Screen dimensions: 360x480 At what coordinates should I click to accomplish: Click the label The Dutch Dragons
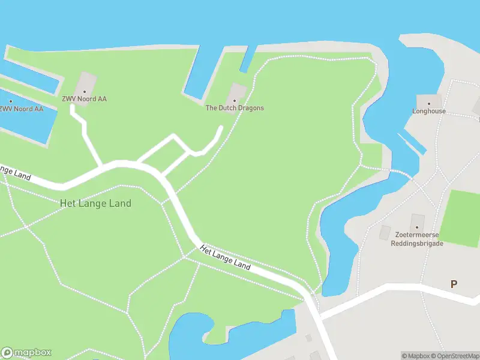235,108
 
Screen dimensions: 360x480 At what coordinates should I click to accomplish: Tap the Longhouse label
429,111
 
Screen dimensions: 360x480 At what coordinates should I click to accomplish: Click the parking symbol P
454,284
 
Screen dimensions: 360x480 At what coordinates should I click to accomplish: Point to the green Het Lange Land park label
95,203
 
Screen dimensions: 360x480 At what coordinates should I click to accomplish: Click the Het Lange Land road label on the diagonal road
225,257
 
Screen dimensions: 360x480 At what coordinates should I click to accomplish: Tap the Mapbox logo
26,353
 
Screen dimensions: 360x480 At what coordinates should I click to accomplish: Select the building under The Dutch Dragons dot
238,92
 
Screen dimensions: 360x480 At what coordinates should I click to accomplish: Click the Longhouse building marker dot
428,103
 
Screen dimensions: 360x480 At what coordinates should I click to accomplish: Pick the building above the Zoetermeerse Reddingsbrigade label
417,221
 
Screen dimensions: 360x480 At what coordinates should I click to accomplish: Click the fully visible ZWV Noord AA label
84,99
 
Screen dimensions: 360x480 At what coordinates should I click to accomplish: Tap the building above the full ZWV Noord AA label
86,82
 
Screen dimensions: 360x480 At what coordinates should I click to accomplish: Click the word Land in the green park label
119,203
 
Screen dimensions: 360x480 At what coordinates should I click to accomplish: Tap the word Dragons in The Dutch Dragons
251,108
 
